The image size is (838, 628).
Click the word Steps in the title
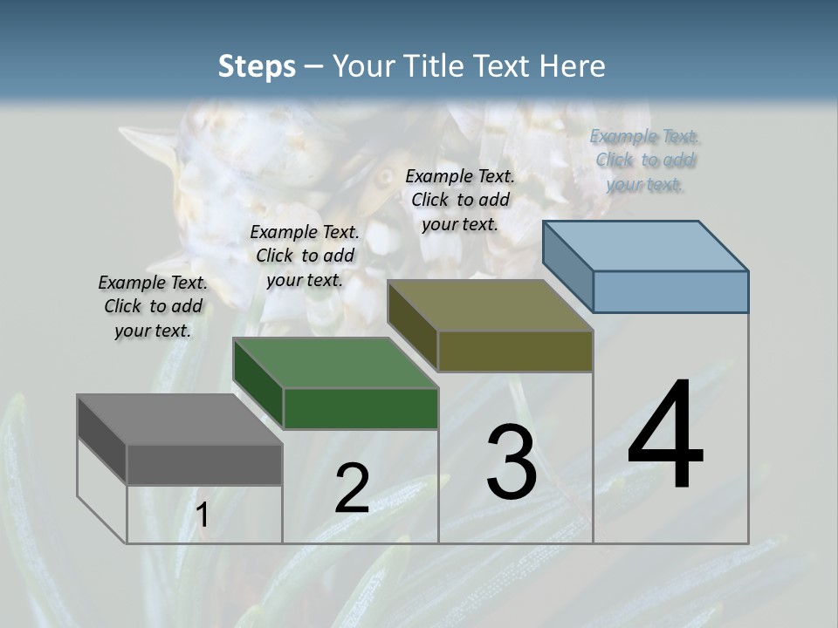click(257, 66)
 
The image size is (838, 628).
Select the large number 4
click(665, 435)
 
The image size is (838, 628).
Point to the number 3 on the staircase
click(512, 461)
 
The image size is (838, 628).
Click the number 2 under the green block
click(352, 488)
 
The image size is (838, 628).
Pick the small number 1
click(203, 515)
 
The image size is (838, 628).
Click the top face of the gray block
click(179, 420)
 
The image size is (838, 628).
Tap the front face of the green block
click(361, 408)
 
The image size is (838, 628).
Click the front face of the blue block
click(670, 291)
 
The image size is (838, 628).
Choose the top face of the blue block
click(645, 245)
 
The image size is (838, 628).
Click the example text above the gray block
click(153, 307)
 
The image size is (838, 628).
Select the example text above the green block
click(305, 256)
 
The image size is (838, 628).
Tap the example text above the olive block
click(460, 200)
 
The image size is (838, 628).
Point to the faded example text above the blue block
click(644, 160)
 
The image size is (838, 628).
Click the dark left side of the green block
click(258, 384)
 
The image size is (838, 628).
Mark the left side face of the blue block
click(568, 266)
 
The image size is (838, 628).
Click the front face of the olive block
click(515, 352)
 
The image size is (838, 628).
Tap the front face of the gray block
click(204, 464)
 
